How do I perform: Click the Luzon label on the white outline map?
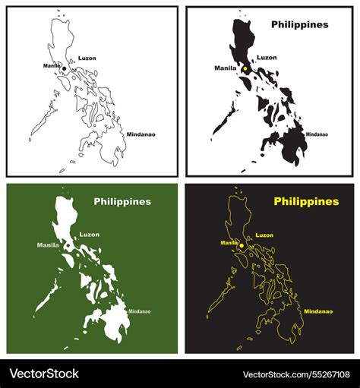pyautogui.click(x=87, y=58)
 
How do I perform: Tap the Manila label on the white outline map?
pyautogui.click(x=52, y=66)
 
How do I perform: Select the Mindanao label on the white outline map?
pyautogui.click(x=141, y=134)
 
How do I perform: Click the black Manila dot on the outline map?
pyautogui.click(x=65, y=69)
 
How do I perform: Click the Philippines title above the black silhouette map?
pyautogui.click(x=300, y=24)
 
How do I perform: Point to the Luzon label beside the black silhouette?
pyautogui.click(x=267, y=57)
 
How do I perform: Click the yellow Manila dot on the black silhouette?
pyautogui.click(x=245, y=69)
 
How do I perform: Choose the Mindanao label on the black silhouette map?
pyautogui.click(x=313, y=134)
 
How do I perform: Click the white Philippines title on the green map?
pyautogui.click(x=122, y=202)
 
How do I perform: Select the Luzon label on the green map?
pyautogui.click(x=89, y=235)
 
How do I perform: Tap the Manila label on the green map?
pyautogui.click(x=48, y=245)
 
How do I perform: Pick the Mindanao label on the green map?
pyautogui.click(x=139, y=311)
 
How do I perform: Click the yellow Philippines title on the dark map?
pyautogui.click(x=306, y=202)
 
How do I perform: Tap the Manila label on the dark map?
pyautogui.click(x=229, y=242)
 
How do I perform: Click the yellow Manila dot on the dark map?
pyautogui.click(x=242, y=246)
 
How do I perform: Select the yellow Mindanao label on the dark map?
pyautogui.click(x=318, y=311)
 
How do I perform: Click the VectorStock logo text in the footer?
pyautogui.click(x=43, y=374)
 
